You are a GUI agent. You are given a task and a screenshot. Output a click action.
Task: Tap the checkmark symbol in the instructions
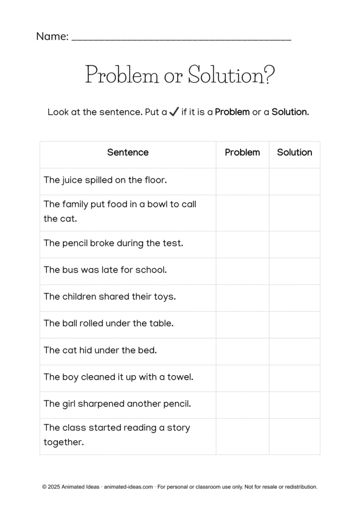coord(174,112)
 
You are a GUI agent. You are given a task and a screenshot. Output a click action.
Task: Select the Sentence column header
coord(128,153)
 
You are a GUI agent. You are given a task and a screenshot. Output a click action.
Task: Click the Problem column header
coord(242,153)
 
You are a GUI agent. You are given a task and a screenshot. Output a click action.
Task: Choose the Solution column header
coord(294,153)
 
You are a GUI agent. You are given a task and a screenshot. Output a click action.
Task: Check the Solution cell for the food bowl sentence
coord(294,212)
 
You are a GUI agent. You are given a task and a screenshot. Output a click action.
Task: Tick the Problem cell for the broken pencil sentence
coord(242,244)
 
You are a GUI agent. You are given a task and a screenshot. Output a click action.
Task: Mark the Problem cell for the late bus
coord(242,271)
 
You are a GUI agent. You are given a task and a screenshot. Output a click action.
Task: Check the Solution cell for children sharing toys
coord(294,298)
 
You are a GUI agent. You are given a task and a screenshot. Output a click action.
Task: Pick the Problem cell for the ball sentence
coord(242,324)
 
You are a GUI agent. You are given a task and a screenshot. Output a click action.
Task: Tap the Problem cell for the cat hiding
coord(242,351)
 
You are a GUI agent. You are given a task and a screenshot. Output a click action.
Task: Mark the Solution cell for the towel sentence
coord(294,378)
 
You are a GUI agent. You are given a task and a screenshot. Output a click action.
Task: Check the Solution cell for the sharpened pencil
coord(294,405)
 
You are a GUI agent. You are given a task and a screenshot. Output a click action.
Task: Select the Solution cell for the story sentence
coord(294,436)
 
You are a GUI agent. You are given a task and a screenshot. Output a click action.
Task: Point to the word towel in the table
coord(180,377)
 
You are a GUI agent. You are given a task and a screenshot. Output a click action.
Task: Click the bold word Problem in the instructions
coord(232,112)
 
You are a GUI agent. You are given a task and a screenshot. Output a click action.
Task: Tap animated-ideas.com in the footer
coord(128,487)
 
